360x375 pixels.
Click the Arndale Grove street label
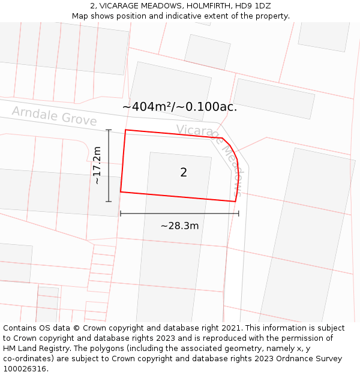[x=54, y=115]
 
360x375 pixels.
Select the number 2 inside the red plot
[x=184, y=173]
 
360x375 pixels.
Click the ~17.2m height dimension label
[x=97, y=165]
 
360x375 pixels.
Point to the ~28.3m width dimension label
[x=179, y=226]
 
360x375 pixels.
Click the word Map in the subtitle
[x=80, y=16]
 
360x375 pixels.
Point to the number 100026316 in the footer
[x=25, y=368]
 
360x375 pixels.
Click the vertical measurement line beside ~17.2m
[x=109, y=165]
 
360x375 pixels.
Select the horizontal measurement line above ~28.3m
[x=179, y=213]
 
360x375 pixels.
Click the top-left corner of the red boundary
[x=125, y=130]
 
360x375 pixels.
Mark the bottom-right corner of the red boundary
[x=235, y=202]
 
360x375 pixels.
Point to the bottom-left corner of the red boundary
[x=121, y=192]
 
